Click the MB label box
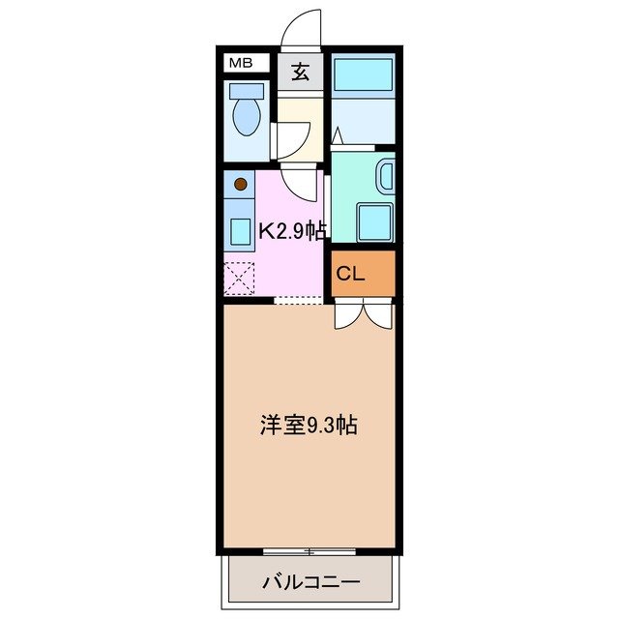(240, 64)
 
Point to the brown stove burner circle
(241, 183)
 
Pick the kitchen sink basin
(240, 231)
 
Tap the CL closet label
(350, 274)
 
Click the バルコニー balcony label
(310, 582)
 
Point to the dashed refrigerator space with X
(238, 278)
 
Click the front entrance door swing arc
(302, 27)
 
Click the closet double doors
(364, 313)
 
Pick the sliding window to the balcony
(309, 551)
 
